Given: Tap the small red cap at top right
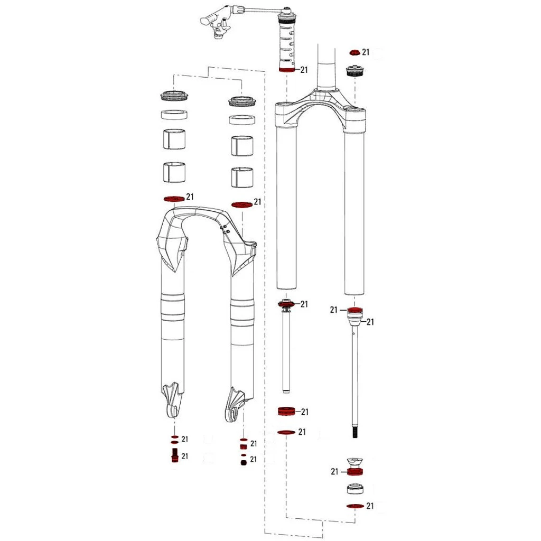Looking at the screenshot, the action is coord(355,52).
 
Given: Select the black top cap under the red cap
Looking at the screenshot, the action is coord(355,72).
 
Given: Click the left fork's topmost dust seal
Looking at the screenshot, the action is coord(174,96).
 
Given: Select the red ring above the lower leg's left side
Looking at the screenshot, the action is coord(174,199).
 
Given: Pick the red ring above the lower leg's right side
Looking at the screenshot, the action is coord(242,204).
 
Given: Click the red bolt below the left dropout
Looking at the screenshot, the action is coord(174,455).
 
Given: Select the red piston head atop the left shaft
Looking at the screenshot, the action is coord(287,304).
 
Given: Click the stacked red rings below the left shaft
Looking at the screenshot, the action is coord(287,412).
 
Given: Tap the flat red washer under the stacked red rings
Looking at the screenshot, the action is coord(286,432).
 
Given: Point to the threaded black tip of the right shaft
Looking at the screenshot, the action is coord(355,433).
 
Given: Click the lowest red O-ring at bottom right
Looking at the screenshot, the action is coord(355,506).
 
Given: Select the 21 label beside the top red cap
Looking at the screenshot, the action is coord(366,52).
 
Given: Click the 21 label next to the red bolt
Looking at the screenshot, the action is coord(185,456).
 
